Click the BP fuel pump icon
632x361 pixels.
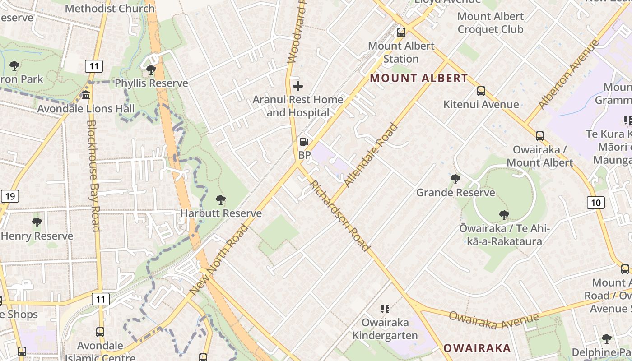304,142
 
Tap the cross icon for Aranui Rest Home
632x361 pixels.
298,86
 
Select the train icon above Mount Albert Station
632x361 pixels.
401,32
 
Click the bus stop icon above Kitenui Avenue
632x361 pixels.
481,91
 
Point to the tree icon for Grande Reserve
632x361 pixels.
455,179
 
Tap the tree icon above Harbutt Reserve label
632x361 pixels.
221,200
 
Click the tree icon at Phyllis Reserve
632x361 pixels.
151,70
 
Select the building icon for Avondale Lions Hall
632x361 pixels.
86,95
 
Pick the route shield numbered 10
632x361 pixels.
596,203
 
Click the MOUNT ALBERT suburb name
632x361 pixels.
419,78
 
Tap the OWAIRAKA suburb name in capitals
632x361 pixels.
477,348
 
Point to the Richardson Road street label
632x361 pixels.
339,216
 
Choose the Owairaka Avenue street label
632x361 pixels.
493,320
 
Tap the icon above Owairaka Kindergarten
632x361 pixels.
385,309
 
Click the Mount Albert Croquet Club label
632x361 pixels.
490,23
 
